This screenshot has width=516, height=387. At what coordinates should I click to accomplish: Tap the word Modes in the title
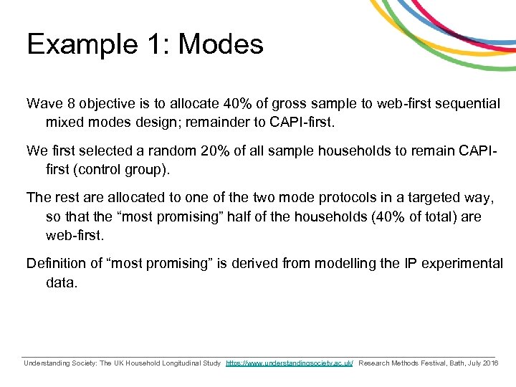coord(221,44)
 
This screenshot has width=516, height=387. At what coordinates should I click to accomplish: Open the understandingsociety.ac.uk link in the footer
coord(290,364)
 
